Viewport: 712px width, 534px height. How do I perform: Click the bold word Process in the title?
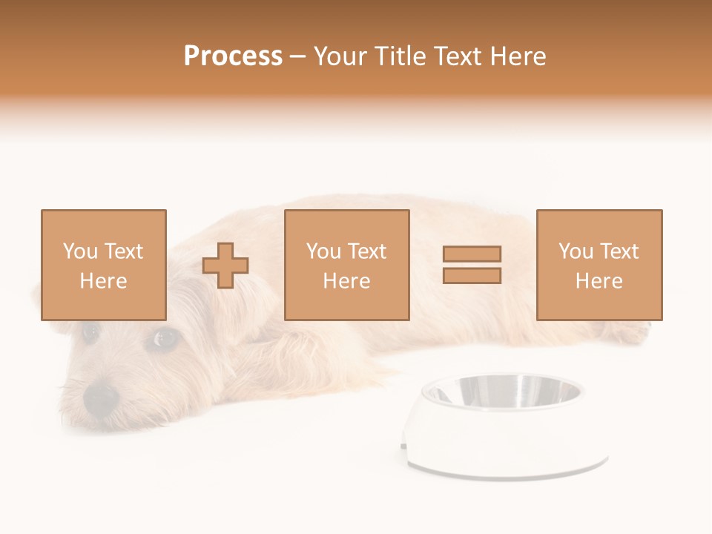click(x=233, y=56)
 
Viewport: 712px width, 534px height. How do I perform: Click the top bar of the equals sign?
click(x=472, y=254)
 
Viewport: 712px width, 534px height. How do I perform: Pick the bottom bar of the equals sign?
click(x=472, y=276)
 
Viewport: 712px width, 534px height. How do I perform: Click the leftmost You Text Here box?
click(x=103, y=265)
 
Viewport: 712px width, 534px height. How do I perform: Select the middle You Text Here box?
click(x=346, y=265)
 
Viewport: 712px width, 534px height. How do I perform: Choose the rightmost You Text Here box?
click(x=599, y=265)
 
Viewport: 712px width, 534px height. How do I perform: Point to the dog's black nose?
click(x=100, y=398)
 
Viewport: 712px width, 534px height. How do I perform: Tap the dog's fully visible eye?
click(x=164, y=339)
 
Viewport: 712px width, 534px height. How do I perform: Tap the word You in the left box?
click(x=80, y=251)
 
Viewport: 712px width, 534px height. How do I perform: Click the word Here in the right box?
click(x=599, y=280)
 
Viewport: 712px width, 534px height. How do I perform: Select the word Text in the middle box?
click(x=367, y=251)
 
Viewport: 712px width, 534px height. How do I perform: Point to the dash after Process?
click(x=298, y=56)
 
